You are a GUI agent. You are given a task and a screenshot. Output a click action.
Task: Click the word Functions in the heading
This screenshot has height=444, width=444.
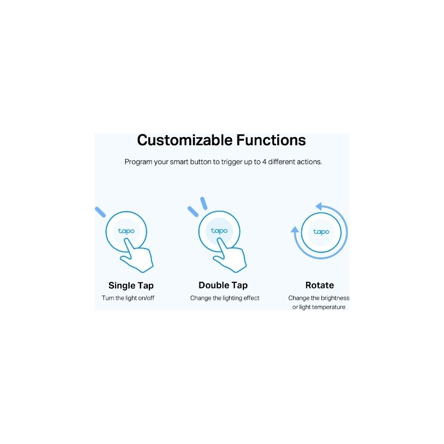click(x=271, y=140)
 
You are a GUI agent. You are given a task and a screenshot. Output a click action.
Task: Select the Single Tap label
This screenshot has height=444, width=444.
click(x=131, y=285)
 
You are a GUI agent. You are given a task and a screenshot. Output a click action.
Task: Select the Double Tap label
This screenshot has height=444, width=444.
click(x=223, y=285)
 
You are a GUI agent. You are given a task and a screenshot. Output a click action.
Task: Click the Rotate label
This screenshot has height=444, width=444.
click(x=320, y=285)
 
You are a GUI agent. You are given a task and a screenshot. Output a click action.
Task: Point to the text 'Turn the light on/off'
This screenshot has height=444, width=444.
click(x=128, y=298)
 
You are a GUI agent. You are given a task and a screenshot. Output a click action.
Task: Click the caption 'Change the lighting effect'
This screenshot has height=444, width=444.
click(x=225, y=298)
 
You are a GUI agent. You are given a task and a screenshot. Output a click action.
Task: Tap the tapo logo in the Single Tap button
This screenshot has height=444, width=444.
click(x=126, y=231)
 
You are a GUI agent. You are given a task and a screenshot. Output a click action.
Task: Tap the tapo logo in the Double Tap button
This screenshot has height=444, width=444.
click(x=219, y=231)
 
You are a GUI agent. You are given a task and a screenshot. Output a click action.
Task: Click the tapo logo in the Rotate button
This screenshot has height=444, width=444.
click(x=321, y=232)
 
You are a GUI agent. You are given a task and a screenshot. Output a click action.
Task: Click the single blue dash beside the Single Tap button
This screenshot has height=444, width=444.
click(x=100, y=212)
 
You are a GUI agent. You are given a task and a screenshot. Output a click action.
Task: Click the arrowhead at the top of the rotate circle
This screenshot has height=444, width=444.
click(x=320, y=206)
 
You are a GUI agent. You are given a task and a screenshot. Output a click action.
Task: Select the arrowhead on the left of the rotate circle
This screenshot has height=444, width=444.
click(x=295, y=230)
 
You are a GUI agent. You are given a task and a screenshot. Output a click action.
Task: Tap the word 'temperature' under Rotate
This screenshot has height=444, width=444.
click(x=328, y=307)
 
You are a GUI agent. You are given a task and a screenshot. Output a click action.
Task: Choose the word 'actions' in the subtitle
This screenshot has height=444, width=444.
click(x=309, y=162)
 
